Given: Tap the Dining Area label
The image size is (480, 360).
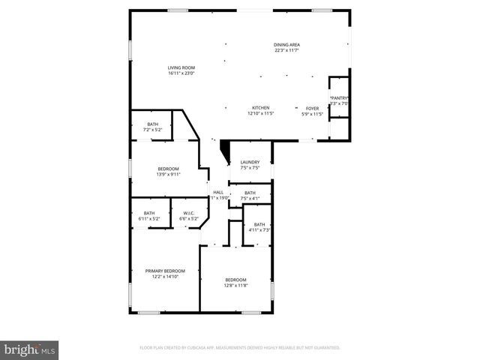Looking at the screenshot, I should pos(286,45).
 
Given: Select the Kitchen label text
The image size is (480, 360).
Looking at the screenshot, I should pos(260,108).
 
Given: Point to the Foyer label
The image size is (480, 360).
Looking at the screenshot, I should pos(311,108).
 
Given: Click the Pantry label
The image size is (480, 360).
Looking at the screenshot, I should pos(340,97).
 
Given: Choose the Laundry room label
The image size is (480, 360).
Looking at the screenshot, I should pos(250,162).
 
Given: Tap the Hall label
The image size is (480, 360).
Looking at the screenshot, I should pos(218,193).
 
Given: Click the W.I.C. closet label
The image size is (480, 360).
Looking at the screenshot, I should pos(189,213).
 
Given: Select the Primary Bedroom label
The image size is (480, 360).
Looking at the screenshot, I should pos(165,271).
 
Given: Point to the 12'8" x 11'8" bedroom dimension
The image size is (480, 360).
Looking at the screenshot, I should pos(236,286).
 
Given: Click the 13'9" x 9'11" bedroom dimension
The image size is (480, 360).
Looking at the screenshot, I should pos(168,175).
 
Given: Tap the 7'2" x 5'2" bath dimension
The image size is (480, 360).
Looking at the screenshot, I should pos(153,130).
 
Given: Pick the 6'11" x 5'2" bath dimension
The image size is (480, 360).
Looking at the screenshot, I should pos(149,218).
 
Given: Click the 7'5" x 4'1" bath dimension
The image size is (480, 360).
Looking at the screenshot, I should pos(250,199).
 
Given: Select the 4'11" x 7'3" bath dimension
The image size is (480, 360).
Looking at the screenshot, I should pos(259,229).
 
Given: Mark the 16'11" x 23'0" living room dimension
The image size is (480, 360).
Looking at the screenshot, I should pos(181,73).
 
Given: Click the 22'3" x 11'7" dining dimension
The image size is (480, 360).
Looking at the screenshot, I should pos(286,50).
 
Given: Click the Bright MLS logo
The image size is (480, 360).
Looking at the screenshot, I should pos(29,349).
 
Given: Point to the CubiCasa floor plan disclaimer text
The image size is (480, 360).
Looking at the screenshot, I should pos(240,348).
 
